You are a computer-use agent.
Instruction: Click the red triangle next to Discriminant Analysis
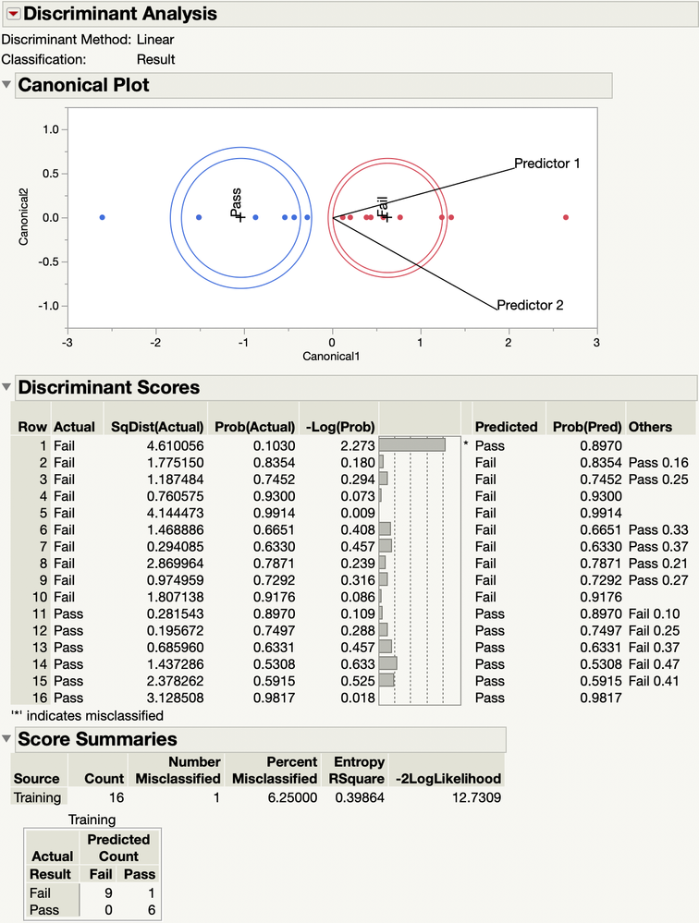13,14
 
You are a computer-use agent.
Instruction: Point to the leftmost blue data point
102,217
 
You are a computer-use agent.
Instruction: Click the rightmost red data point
566,217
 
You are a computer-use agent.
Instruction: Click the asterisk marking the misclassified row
466,444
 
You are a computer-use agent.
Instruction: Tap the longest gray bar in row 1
412,444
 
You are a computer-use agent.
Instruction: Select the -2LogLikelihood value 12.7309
470,796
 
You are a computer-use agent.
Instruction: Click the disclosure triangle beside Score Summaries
7,739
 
